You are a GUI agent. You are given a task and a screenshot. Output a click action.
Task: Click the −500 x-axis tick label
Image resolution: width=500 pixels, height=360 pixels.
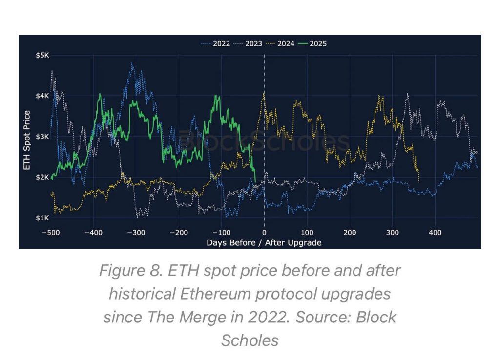tap(51, 232)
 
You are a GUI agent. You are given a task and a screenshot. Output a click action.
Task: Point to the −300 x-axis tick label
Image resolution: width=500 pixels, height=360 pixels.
tap(136, 232)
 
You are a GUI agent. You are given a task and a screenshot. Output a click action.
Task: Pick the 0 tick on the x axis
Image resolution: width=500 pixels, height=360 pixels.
tap(264, 232)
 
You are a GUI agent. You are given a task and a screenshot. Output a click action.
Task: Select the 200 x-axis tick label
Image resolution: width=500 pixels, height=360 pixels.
tap(350, 232)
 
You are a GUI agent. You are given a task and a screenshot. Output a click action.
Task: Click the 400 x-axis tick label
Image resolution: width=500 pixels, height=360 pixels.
tap(435, 232)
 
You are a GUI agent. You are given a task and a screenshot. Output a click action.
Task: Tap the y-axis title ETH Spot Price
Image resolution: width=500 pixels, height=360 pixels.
tap(27, 140)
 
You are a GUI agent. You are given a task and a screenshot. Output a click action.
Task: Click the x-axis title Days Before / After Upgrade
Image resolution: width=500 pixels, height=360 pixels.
tap(264, 242)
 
